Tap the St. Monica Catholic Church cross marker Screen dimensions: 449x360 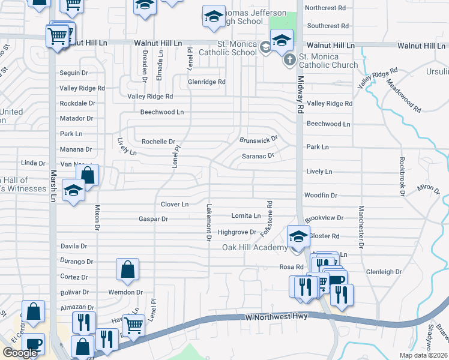(289, 59)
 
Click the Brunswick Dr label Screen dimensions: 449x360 (259, 140)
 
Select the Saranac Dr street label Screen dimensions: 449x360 (258, 156)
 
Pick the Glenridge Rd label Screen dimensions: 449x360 (206, 82)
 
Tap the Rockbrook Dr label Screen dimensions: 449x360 (400, 177)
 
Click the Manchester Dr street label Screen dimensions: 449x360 (361, 227)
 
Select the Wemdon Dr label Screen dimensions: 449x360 (125, 292)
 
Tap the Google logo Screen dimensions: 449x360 (20, 353)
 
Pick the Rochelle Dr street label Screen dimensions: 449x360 (157, 142)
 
